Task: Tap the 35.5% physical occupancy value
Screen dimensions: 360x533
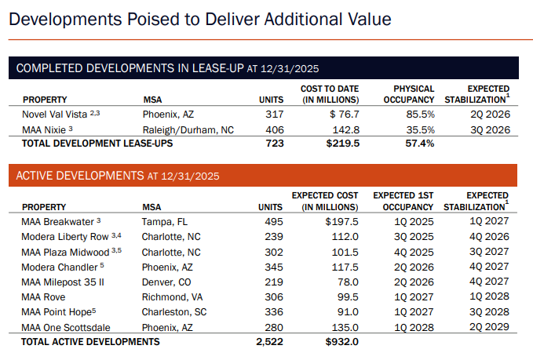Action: [420, 129]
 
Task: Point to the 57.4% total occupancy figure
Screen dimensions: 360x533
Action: [419, 144]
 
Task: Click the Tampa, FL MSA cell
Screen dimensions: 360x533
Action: [165, 222]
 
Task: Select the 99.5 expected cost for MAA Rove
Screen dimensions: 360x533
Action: [347, 296]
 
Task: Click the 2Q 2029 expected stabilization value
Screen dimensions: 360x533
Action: [489, 326]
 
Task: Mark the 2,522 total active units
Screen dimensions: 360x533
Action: [268, 341]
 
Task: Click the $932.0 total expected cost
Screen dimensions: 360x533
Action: [341, 341]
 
